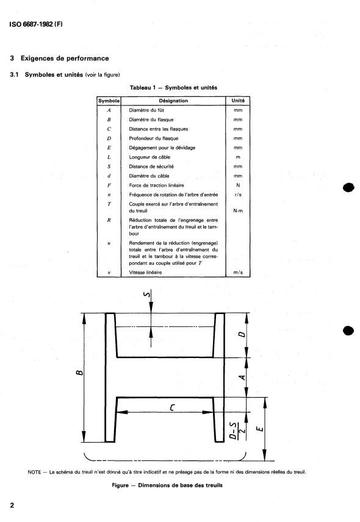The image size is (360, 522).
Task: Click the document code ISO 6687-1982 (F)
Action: coord(36,24)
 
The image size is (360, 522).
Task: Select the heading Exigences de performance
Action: coord(65,59)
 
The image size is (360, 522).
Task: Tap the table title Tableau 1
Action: coord(143,88)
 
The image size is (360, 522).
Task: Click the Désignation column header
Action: coord(173,101)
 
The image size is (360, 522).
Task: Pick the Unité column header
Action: coord(238,101)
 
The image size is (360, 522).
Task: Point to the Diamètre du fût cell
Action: coord(146,110)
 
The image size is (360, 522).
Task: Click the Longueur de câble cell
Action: coord(149,157)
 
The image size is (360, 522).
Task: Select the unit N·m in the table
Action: coord(238,211)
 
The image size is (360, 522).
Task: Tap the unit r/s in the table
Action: coord(238,195)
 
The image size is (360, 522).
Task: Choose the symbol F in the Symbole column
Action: coord(109,185)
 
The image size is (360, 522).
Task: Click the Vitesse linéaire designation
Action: coord(145,273)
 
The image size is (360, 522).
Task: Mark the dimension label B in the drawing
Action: coord(79,372)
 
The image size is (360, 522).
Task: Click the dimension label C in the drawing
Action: coord(172,407)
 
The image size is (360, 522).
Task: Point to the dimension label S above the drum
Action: coord(146,294)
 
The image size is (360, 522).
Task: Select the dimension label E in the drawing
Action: coord(260,429)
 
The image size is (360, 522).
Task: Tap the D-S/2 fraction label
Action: coord(237,431)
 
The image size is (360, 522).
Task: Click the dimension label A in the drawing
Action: coord(242,377)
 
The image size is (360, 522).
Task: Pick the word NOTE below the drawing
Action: coord(34,472)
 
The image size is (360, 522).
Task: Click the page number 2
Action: coord(12,506)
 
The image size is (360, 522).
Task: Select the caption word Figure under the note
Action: coord(120,485)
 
